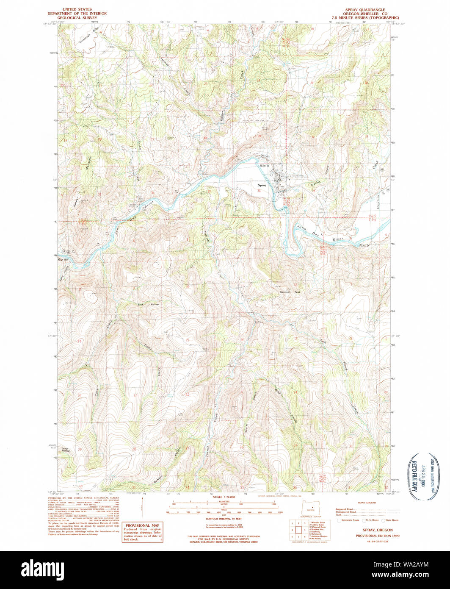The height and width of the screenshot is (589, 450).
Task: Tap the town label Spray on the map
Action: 262,185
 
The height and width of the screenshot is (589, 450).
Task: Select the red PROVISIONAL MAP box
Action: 142,532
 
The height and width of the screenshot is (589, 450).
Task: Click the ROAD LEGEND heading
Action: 367,503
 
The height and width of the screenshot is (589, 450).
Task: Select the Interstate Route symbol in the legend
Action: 339,520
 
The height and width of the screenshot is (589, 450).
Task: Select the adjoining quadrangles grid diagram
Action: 298,530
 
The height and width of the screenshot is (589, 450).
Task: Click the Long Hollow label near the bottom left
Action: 65,449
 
